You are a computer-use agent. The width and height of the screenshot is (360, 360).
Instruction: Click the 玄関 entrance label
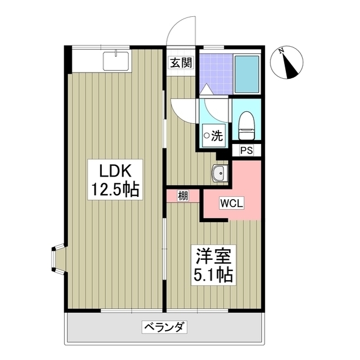pos(180,62)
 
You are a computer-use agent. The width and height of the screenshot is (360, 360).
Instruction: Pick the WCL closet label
pos(232,203)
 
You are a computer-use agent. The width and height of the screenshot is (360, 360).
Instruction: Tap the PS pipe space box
pos(246,150)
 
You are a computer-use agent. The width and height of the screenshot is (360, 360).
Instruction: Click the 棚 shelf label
pos(183,196)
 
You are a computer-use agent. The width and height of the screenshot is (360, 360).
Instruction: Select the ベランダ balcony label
pos(165,326)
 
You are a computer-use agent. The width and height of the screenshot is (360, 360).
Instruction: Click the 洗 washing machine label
pos(214,136)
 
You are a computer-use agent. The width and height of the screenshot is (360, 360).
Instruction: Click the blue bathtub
pos(246,74)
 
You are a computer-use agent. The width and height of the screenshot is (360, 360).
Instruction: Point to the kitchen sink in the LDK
pos(116,60)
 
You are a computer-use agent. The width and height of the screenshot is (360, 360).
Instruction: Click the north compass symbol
pos(290,65)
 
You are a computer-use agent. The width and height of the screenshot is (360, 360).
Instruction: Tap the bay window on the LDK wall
pos(58,259)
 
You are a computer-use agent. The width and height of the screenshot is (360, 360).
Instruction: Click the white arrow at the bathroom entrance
pos(206,89)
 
